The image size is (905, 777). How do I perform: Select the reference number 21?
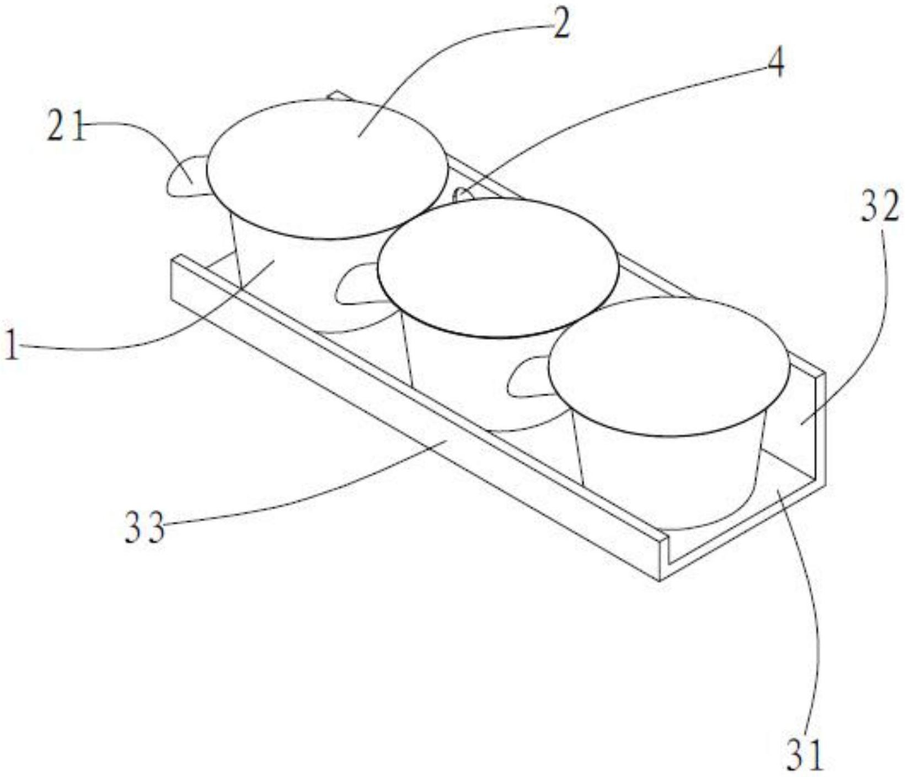click(67, 126)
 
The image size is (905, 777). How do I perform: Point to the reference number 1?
click(12, 343)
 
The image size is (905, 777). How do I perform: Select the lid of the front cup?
click(670, 367)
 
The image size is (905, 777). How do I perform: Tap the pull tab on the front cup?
click(528, 376)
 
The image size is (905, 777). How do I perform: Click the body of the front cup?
click(670, 474)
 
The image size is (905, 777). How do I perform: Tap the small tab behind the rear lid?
click(338, 96)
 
